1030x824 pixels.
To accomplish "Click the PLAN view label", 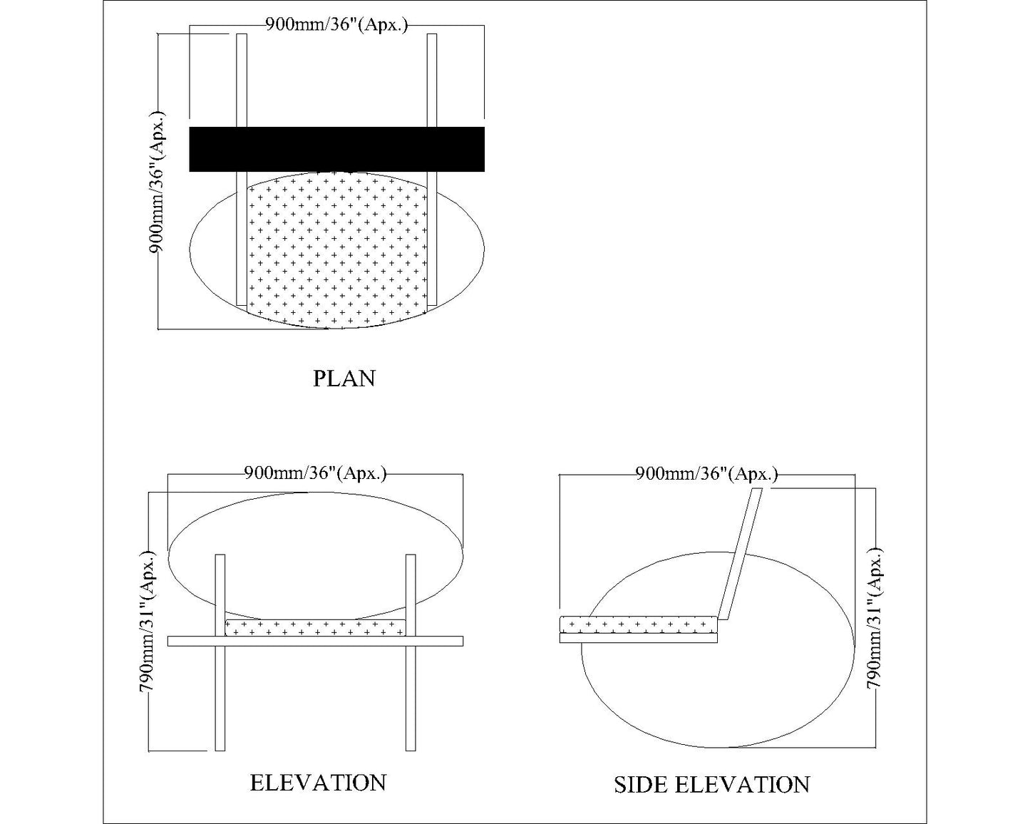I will pos(344,378).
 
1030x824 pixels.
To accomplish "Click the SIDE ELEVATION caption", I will pos(711,785).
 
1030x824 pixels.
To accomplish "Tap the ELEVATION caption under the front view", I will pos(318,783).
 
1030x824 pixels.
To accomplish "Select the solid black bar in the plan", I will pos(336,149).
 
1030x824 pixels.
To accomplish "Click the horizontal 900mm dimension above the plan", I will pos(336,25).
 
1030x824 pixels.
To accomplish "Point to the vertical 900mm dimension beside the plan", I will pos(157,182).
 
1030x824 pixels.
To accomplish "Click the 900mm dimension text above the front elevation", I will pos(315,473).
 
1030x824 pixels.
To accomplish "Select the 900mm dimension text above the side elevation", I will pos(706,474).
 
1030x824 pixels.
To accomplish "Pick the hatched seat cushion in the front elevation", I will pos(315,627).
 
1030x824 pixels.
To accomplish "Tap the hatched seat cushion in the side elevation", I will pos(639,624).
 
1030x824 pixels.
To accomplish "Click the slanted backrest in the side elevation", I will pos(739,556).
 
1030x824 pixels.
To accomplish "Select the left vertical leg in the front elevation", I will pos(220,684).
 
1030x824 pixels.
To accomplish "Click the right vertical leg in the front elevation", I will pos(410,684).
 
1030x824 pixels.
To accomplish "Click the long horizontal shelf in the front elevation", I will pos(315,641).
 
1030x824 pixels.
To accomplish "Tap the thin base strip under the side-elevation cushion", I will pos(639,638).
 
